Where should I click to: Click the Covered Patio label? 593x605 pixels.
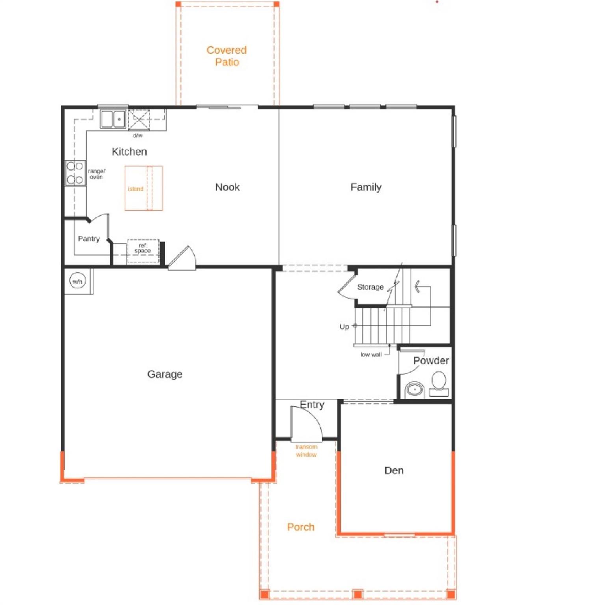tap(227, 56)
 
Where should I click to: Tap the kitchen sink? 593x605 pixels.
tap(113, 119)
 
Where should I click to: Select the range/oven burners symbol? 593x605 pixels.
tap(75, 173)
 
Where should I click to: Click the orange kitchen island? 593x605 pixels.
tap(143, 188)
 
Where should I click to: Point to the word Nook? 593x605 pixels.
tap(227, 187)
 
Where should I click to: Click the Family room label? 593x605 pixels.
tap(366, 187)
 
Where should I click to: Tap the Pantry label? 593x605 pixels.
tap(89, 239)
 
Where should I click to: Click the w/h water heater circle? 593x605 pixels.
tap(77, 281)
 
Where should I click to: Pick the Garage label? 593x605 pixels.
tap(165, 374)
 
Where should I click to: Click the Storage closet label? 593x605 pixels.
tap(370, 287)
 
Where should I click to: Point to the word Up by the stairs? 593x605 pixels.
tap(344, 327)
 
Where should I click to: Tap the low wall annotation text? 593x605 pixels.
tap(371, 354)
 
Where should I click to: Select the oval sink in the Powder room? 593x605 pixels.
tap(414, 389)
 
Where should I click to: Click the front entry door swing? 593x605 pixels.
tap(306, 424)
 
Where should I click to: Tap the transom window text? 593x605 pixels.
tap(306, 451)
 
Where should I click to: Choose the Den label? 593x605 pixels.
tap(394, 470)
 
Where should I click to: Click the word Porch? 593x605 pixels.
tap(301, 527)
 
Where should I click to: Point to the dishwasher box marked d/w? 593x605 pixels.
tap(139, 119)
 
